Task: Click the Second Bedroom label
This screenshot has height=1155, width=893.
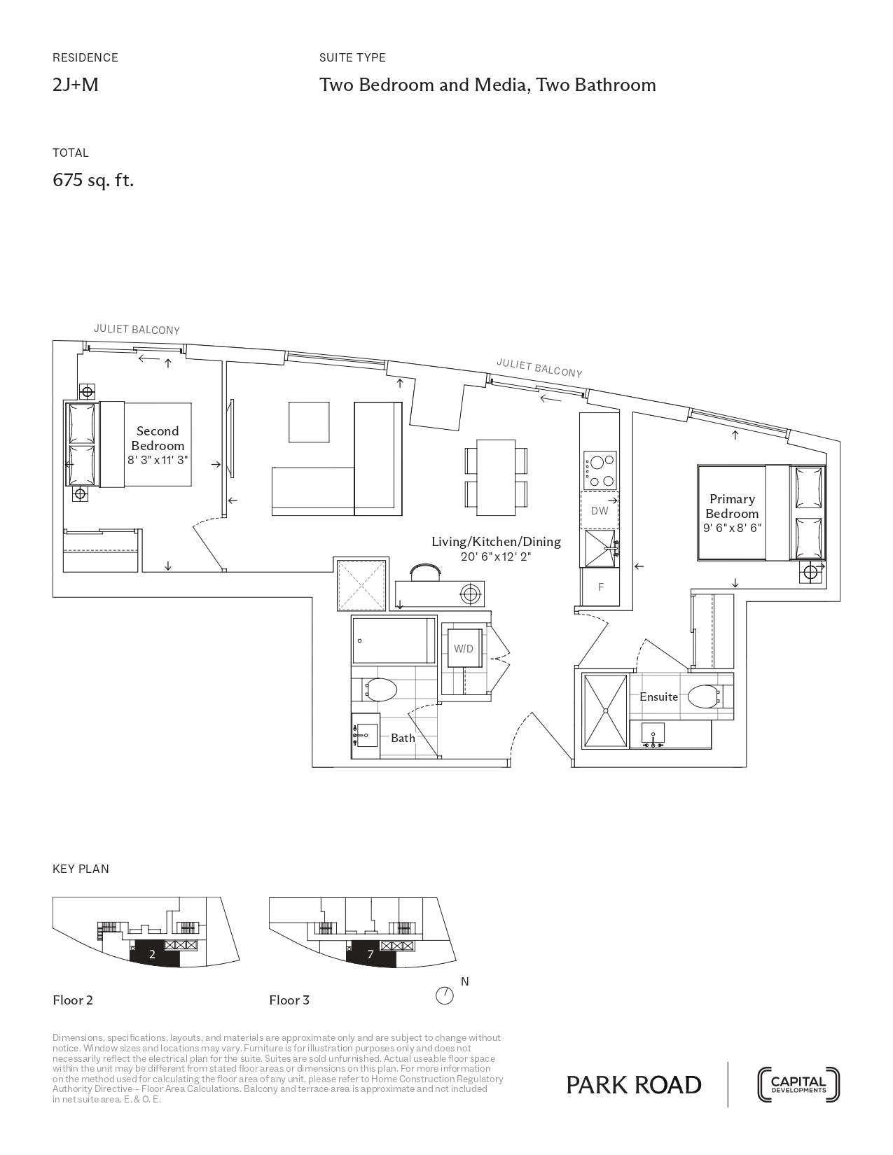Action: (158, 438)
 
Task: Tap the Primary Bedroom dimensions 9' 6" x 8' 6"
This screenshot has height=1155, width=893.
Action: (732, 528)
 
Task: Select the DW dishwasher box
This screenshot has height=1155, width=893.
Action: (600, 510)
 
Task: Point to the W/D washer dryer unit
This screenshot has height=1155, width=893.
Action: (463, 648)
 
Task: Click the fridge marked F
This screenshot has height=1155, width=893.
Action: (600, 587)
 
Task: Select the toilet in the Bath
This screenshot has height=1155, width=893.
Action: (380, 690)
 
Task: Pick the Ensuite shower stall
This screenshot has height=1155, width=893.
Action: (605, 711)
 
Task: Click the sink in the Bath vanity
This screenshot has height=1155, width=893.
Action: (366, 735)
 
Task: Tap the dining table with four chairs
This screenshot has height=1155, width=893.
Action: (497, 477)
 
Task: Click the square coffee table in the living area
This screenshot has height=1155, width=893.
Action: (309, 422)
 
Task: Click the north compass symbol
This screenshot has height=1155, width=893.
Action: (445, 995)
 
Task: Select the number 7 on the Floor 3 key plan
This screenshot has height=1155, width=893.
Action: (371, 955)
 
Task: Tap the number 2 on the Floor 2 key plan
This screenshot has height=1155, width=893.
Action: (152, 955)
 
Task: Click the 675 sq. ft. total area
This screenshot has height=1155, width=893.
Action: (93, 181)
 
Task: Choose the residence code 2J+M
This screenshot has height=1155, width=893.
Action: (76, 85)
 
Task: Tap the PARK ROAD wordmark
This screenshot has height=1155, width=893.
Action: (634, 1086)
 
